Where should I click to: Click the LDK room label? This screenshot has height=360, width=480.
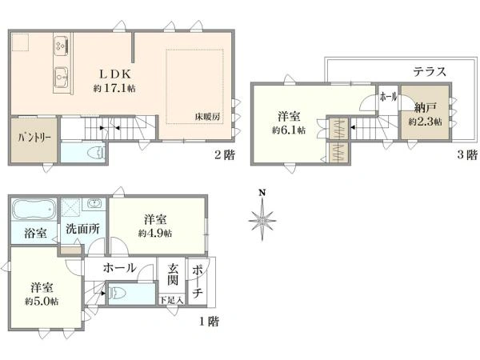click(114, 74)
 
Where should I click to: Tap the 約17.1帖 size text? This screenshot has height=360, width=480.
click(114, 89)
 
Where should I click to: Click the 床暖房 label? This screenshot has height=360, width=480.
click(207, 116)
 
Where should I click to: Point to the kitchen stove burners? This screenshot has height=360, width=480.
click(62, 46)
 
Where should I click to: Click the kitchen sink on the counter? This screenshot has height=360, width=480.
click(62, 77)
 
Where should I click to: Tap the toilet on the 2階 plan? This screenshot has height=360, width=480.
click(97, 152)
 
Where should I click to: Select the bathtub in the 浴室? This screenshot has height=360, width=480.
click(34, 210)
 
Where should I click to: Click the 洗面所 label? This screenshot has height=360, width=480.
click(82, 229)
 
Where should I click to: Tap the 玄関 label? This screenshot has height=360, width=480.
click(172, 274)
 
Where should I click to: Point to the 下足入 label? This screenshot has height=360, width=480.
click(171, 300)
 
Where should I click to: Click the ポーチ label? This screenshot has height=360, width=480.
click(198, 282)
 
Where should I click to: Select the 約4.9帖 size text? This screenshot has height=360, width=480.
click(155, 234)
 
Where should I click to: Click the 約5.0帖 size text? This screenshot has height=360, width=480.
click(42, 302)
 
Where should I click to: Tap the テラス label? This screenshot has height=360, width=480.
click(430, 72)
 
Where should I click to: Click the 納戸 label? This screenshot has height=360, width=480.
click(426, 108)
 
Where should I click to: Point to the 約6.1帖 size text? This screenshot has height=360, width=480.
click(289, 130)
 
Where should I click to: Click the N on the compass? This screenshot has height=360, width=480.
click(262, 193)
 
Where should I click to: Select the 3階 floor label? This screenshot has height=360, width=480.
click(467, 154)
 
